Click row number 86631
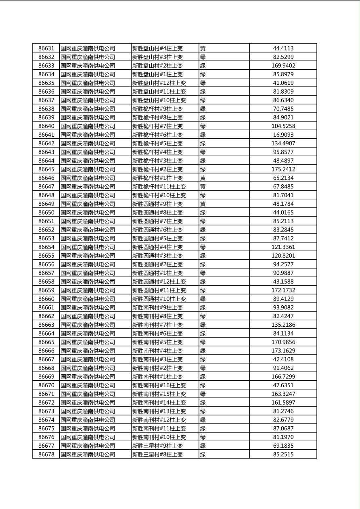[x=46, y=48]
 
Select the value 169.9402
[x=283, y=66]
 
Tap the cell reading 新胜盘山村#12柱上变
[x=159, y=83]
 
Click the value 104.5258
[x=283, y=126]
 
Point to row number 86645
[x=46, y=169]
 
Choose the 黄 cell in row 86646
[x=203, y=178]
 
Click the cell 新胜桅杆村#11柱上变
[x=159, y=187]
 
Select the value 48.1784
[x=283, y=204]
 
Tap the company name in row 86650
[x=88, y=213]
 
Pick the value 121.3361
[x=283, y=247]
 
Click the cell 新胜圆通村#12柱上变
[x=159, y=282]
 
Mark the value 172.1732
[x=283, y=290]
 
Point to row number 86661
[x=46, y=308]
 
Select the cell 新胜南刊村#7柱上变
[x=157, y=325]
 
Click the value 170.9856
[x=283, y=342]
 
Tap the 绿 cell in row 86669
[x=203, y=377]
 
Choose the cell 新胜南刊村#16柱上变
[x=159, y=385]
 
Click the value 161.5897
[x=283, y=403]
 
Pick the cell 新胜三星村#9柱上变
[x=157, y=446]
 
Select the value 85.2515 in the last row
[x=283, y=455]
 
